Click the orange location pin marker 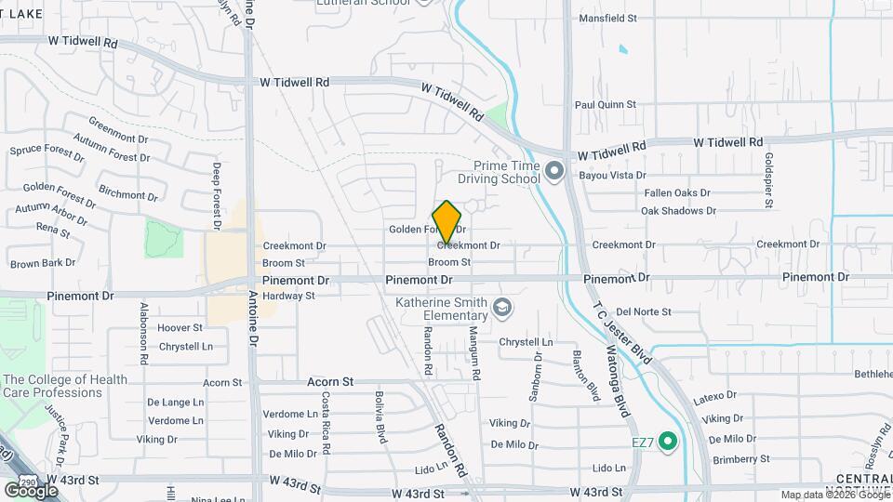tap(447, 221)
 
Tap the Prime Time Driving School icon tap(555, 170)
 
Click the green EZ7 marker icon tap(667, 442)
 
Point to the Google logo tap(31, 490)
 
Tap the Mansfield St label tap(607, 18)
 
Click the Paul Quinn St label tap(605, 105)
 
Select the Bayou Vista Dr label tap(611, 175)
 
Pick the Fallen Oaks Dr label tap(677, 192)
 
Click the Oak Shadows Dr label tap(677, 210)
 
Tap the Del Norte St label tap(644, 312)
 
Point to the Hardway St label tap(289, 296)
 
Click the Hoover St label tap(180, 328)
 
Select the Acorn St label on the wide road tap(330, 381)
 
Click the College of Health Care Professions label tap(65, 386)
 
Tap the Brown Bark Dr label tap(43, 263)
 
